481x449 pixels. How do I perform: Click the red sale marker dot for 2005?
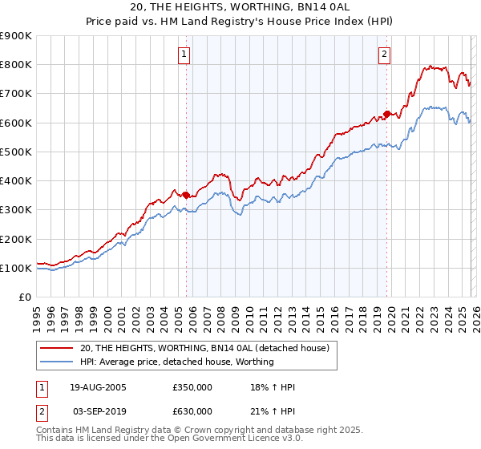pyautogui.click(x=186, y=195)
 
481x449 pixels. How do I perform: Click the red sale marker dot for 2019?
pyautogui.click(x=386, y=114)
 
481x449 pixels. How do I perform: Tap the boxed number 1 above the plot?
pyautogui.click(x=184, y=55)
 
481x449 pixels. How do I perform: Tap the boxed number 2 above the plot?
pyautogui.click(x=385, y=55)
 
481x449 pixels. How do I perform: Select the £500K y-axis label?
pyautogui.click(x=16, y=152)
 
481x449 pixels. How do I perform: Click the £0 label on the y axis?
pyautogui.click(x=24, y=297)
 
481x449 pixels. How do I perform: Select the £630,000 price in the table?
pyautogui.click(x=192, y=411)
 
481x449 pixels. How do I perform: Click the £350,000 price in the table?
pyautogui.click(x=192, y=387)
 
